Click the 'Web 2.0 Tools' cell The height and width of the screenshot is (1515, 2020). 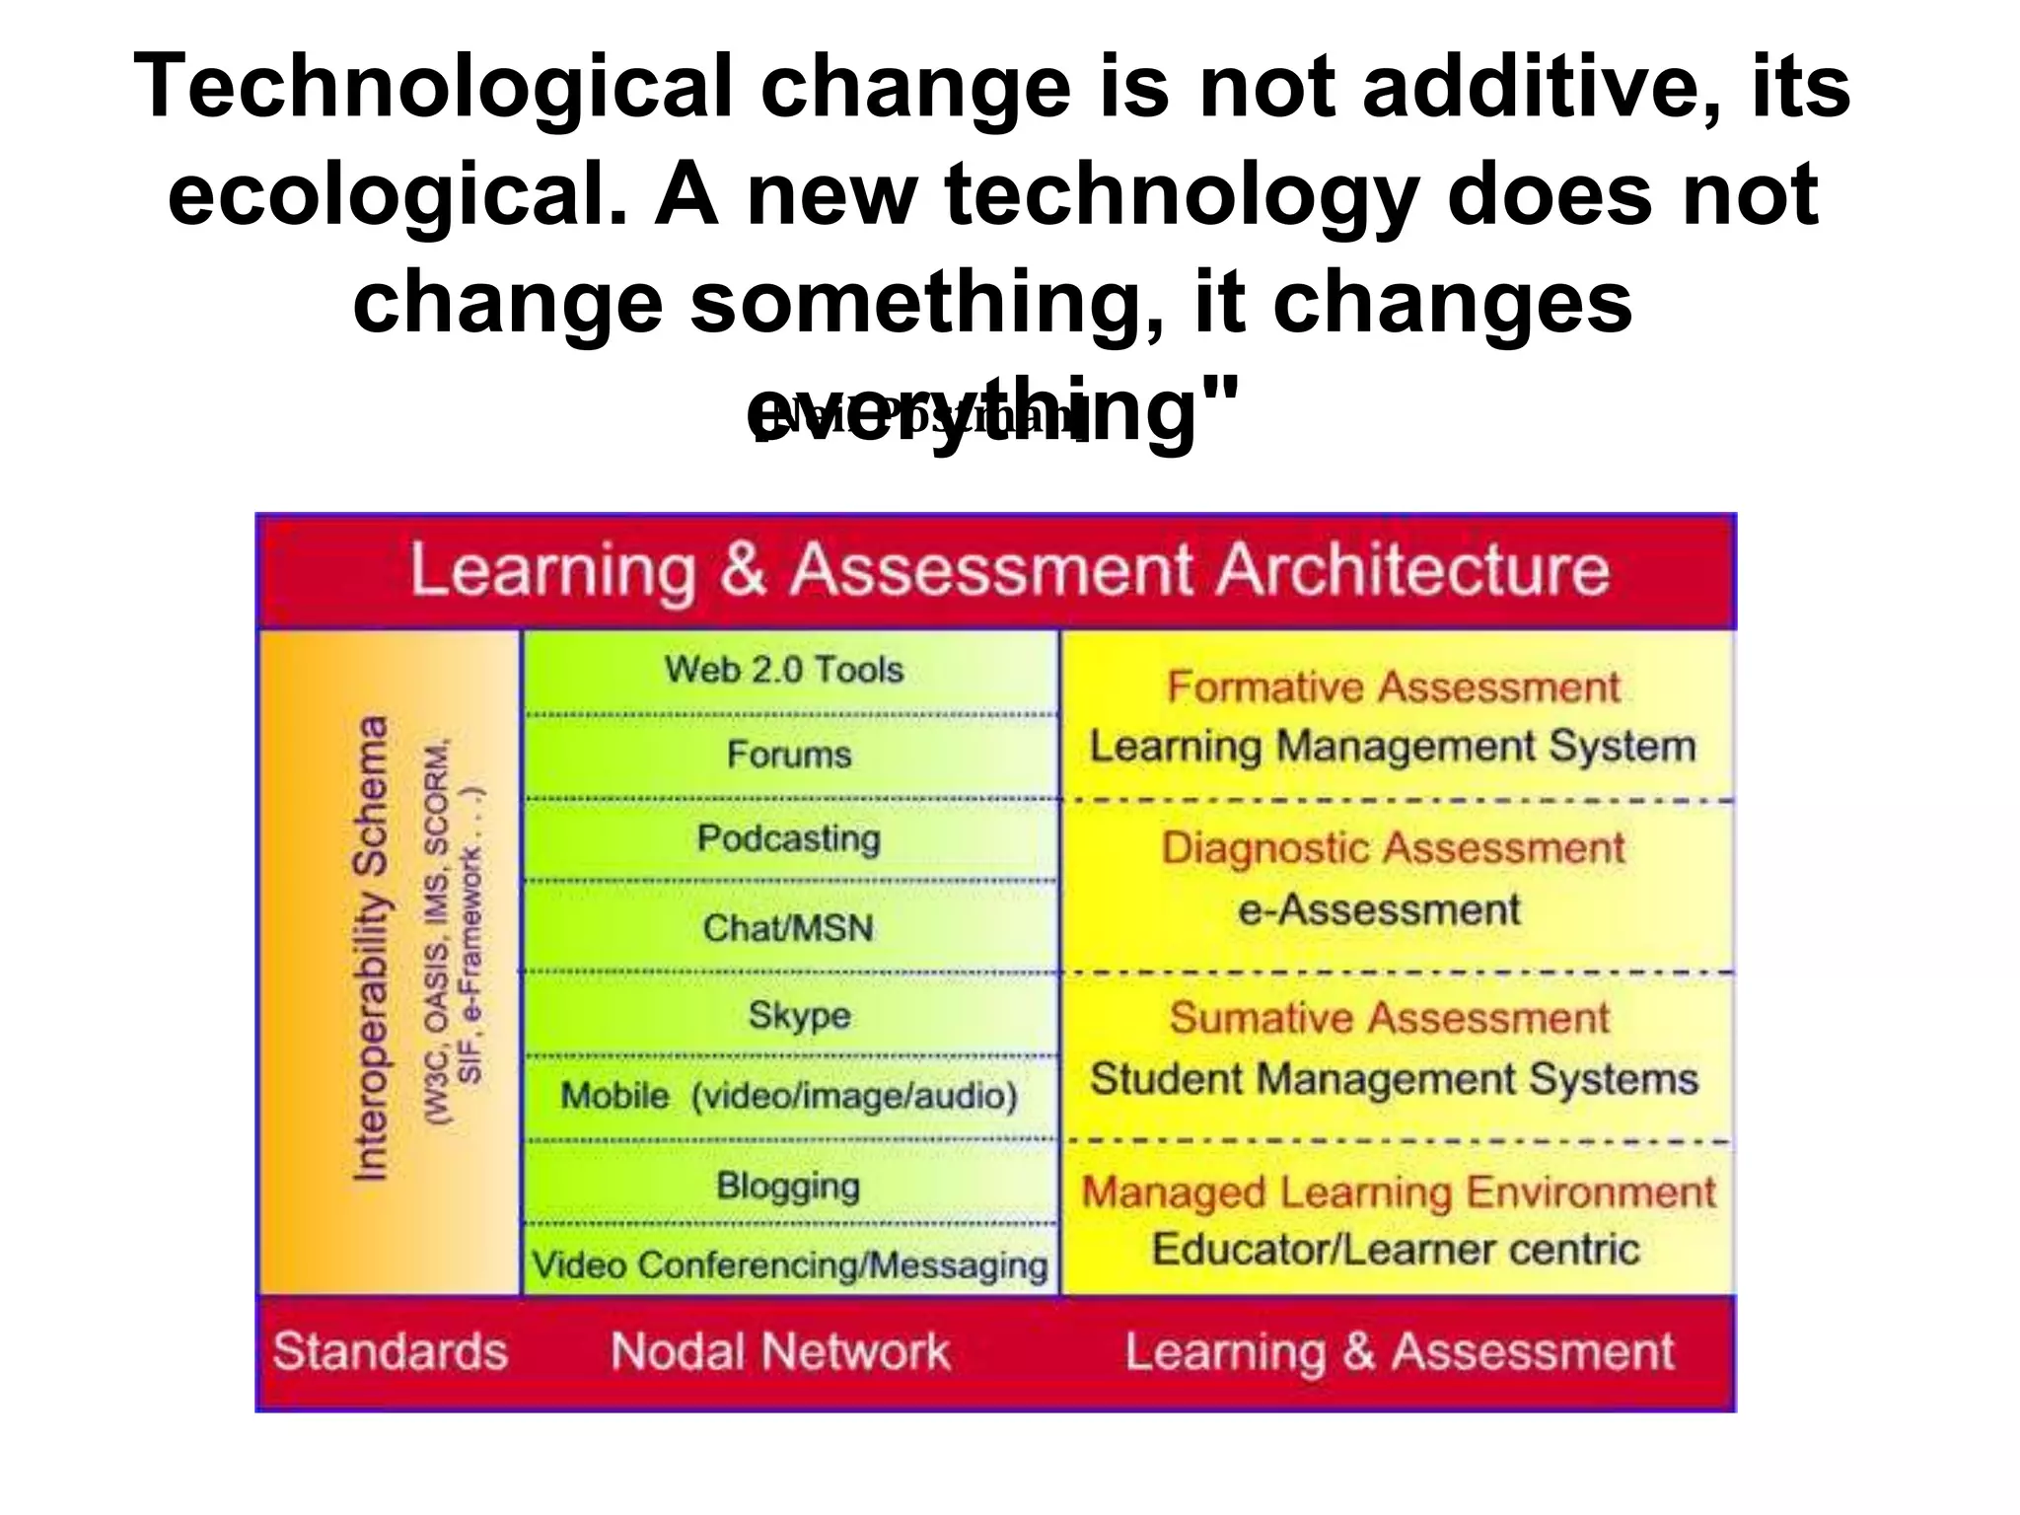click(x=784, y=670)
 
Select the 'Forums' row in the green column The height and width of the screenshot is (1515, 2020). click(x=789, y=755)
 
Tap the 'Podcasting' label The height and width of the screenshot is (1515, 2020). click(x=788, y=838)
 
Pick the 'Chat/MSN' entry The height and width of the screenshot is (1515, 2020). click(x=788, y=927)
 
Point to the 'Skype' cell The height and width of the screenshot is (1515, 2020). click(x=799, y=1015)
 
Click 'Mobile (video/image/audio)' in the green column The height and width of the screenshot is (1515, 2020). click(x=788, y=1096)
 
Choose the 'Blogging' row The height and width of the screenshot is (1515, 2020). click(x=788, y=1185)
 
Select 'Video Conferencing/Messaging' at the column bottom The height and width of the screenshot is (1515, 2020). click(x=789, y=1265)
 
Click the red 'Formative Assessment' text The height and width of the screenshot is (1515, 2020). click(x=1393, y=687)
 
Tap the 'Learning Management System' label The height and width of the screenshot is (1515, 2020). click(x=1393, y=746)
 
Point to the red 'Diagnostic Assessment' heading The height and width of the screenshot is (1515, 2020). click(x=1393, y=848)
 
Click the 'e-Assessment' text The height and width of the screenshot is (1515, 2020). click(x=1379, y=909)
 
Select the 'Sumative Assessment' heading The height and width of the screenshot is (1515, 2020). click(x=1389, y=1018)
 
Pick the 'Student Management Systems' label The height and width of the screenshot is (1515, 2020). click(x=1394, y=1078)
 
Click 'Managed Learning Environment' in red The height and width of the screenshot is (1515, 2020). click(x=1399, y=1192)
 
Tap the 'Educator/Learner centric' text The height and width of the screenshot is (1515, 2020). click(x=1396, y=1250)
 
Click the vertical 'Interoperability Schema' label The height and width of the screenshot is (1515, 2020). click(x=371, y=948)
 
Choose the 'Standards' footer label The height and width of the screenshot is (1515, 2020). click(x=391, y=1351)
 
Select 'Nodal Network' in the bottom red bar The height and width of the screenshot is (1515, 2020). click(x=779, y=1351)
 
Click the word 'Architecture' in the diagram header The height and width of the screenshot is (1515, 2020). click(x=1412, y=570)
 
